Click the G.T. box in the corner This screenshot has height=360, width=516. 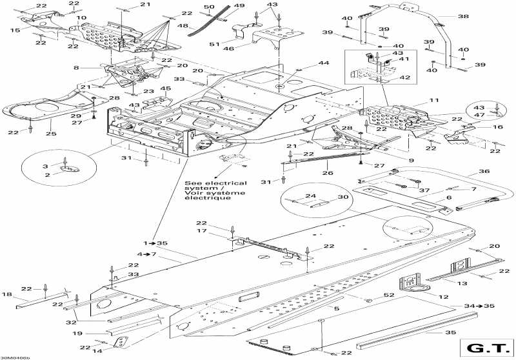click(x=487, y=348)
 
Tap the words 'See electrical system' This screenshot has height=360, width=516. click(x=215, y=186)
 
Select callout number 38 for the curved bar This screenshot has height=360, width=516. click(x=463, y=16)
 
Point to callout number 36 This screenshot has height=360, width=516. click(x=484, y=171)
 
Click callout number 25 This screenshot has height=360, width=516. click(x=51, y=134)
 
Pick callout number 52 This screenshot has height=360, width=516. click(x=389, y=295)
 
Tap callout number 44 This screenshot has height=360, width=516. click(x=324, y=63)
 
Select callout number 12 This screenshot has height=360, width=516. click(x=443, y=297)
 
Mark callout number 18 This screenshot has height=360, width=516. click(x=6, y=294)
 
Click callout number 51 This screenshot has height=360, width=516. click(x=214, y=44)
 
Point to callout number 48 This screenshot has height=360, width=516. click(x=183, y=26)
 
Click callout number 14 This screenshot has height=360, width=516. click(x=97, y=351)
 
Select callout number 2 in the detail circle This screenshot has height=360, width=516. click(x=47, y=175)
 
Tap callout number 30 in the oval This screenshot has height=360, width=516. click(x=343, y=197)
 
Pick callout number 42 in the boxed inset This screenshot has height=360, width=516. click(x=405, y=77)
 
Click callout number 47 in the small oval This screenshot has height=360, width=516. click(x=479, y=115)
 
